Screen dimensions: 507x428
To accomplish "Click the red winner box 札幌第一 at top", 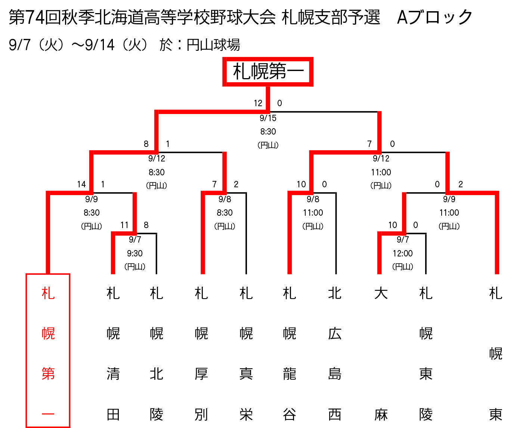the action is click(x=268, y=71).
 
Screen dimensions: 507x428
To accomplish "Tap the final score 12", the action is click(x=258, y=103).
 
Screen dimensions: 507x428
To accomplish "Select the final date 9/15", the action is click(x=268, y=118).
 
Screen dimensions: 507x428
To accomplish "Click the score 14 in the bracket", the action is click(x=81, y=184).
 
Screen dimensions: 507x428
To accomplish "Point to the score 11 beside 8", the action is click(x=124, y=225).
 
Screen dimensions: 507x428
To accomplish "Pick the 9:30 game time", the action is click(x=135, y=253).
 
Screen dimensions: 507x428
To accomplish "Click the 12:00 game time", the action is click(x=403, y=253).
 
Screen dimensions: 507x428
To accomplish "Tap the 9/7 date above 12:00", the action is click(x=403, y=240).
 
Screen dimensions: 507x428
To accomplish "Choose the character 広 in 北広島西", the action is click(x=335, y=333).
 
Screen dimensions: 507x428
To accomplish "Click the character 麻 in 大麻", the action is click(x=381, y=415).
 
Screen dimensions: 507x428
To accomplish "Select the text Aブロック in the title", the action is click(x=435, y=17).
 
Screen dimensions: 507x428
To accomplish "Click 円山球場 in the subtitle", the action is click(x=213, y=45).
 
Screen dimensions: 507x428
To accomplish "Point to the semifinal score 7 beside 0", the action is click(x=370, y=144).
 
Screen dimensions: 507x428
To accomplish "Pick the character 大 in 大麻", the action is click(x=381, y=293).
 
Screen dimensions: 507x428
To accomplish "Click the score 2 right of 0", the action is click(x=460, y=184).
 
